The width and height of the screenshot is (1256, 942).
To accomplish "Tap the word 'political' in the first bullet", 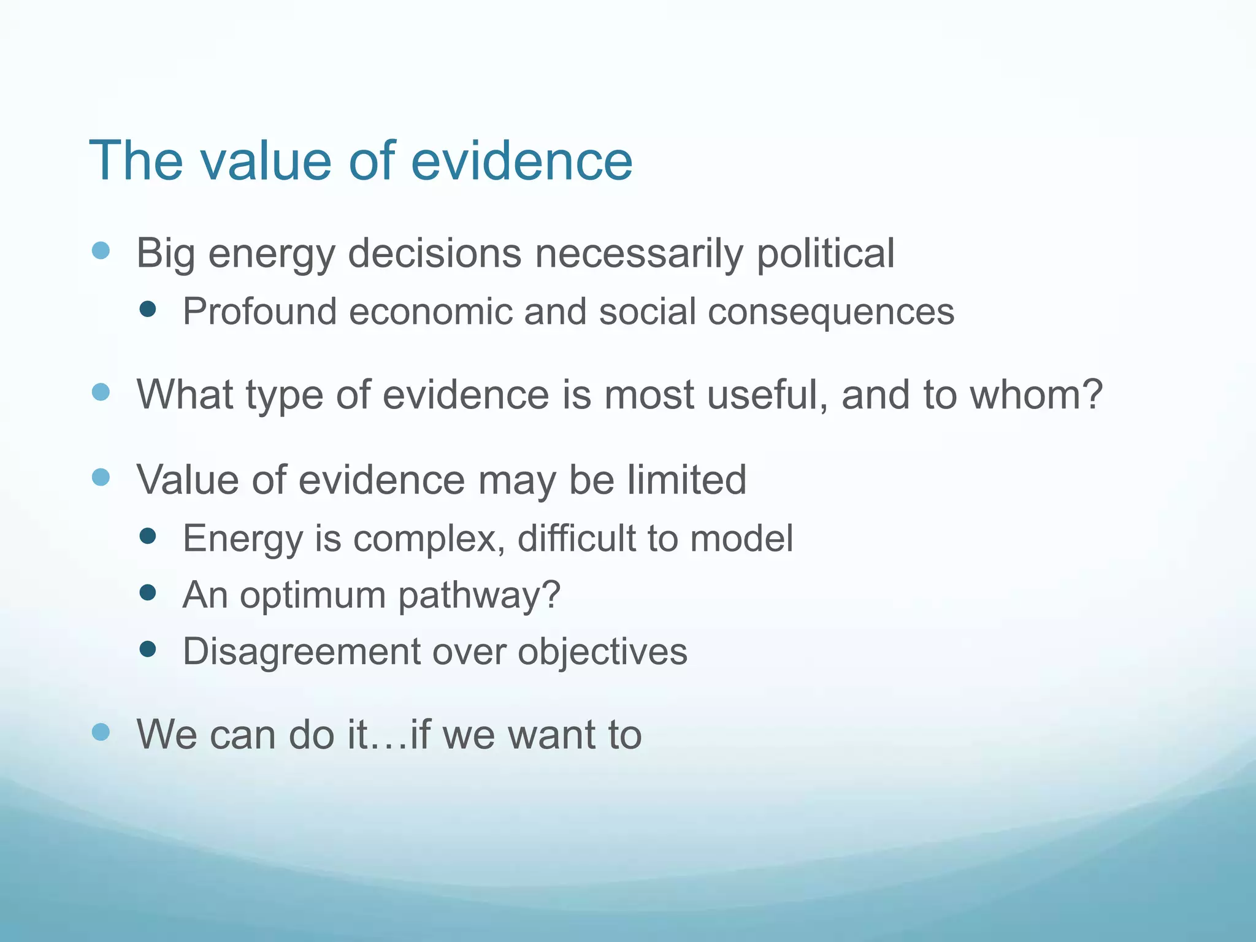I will (x=825, y=254).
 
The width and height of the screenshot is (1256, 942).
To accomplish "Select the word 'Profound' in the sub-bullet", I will (x=260, y=312).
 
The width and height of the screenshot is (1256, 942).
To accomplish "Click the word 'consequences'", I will (x=831, y=312).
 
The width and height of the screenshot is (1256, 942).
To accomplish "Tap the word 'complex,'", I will (x=430, y=538).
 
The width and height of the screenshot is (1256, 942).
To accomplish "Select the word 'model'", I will (x=741, y=538).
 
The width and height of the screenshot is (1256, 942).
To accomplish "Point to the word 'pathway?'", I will (x=480, y=595).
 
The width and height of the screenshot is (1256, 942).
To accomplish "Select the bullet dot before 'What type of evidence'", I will (x=101, y=392).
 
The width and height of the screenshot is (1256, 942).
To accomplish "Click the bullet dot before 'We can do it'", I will (x=101, y=731).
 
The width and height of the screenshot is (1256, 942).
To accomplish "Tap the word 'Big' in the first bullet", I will (x=166, y=254).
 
